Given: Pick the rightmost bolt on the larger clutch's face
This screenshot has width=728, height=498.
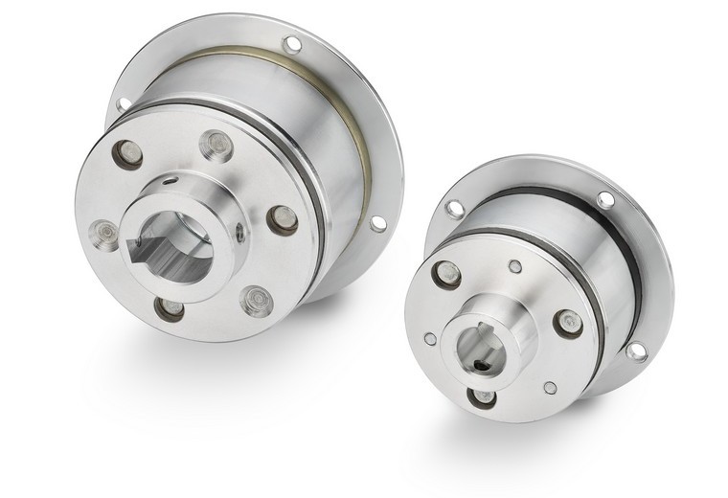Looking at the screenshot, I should tap(281, 219).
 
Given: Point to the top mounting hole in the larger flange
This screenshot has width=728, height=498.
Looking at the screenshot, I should tap(291, 44).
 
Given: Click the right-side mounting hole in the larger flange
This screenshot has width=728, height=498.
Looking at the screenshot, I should tap(377, 222).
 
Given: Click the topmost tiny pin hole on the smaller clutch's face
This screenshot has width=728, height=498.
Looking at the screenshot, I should tap(515, 266).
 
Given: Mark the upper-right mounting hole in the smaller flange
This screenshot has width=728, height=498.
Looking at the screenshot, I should tap(605, 199).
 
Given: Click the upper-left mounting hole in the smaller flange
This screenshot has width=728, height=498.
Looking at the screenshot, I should tap(454, 208).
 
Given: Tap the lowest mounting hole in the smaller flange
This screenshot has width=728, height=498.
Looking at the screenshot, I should tap(635, 351).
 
